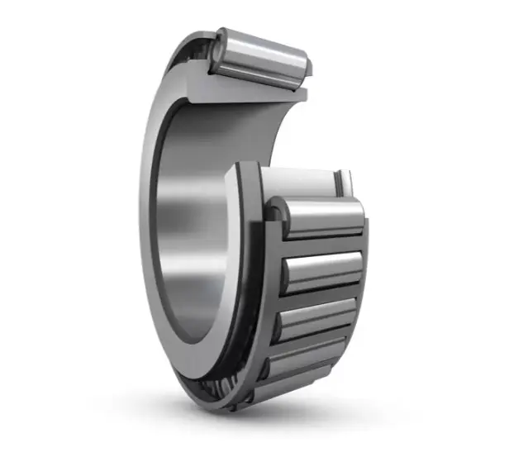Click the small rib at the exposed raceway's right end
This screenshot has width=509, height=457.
click(x=344, y=182)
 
